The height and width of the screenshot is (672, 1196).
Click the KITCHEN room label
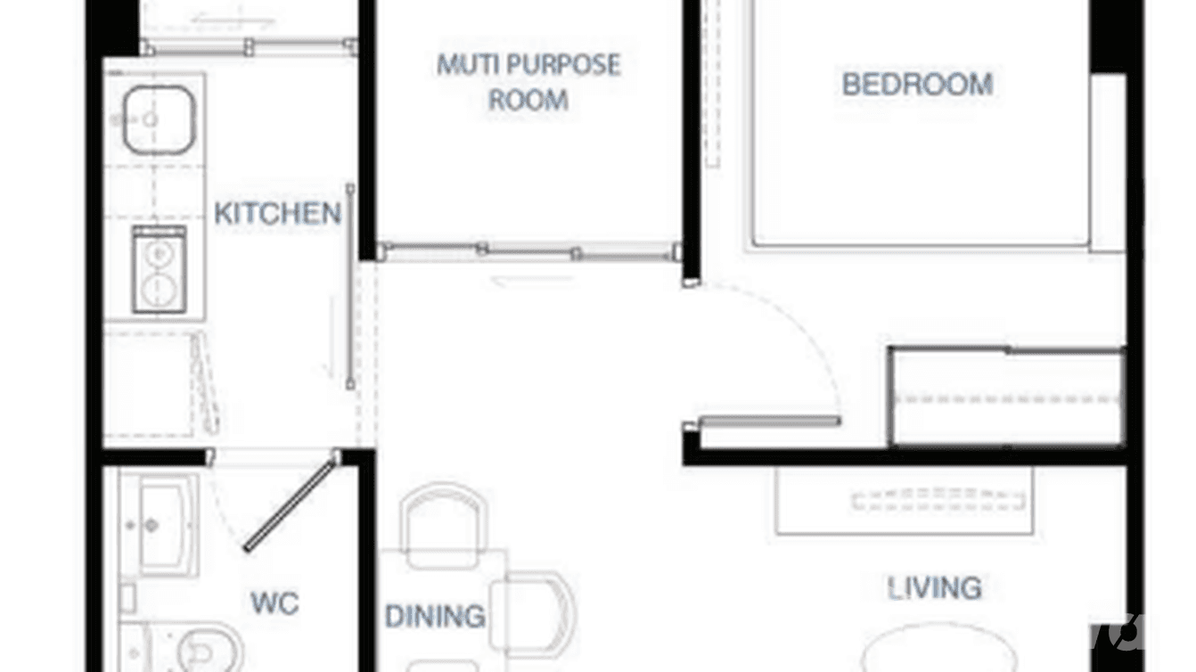tap(278, 214)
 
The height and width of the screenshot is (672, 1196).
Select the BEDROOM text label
tap(917, 85)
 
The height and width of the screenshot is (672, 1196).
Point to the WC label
tap(274, 603)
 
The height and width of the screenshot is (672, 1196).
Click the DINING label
tap(435, 616)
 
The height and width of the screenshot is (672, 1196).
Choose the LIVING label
tap(935, 588)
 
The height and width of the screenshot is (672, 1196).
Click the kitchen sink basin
tap(158, 119)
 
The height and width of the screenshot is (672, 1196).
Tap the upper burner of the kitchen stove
tap(160, 254)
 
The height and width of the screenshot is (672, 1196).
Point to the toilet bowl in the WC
tap(209, 649)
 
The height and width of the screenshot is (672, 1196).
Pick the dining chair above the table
tap(444, 521)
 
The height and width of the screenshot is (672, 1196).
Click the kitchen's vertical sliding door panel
tap(350, 285)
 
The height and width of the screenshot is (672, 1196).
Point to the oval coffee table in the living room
tap(927, 655)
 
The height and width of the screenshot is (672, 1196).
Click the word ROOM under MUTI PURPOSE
tap(528, 100)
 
